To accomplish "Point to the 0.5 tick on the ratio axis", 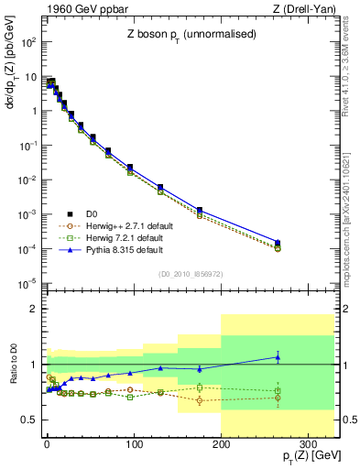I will click(x=30, y=420).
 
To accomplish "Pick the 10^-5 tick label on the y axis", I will click(x=28, y=283).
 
